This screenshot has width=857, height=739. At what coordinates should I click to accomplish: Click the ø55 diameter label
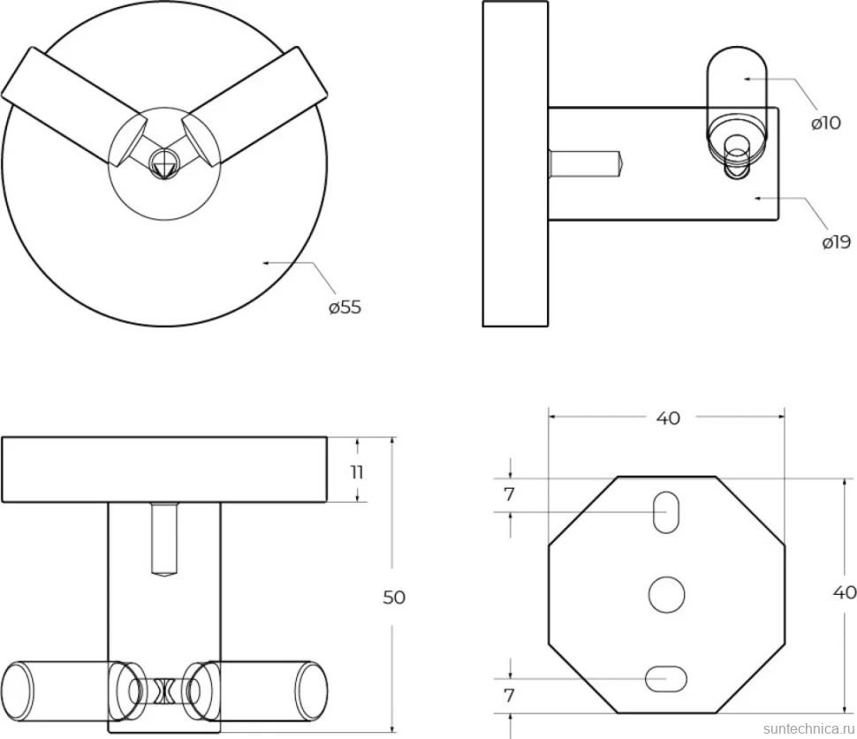pyautogui.click(x=345, y=307)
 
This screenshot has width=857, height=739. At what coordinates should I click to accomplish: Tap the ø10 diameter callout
pyautogui.click(x=826, y=123)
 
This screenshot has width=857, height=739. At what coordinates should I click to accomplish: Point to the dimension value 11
pyautogui.click(x=357, y=471)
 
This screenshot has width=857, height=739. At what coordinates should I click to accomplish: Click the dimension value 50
pyautogui.click(x=394, y=598)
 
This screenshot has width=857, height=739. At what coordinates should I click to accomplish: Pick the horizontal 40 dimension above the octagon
pyautogui.click(x=668, y=418)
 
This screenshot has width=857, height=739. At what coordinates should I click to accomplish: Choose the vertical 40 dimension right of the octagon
pyautogui.click(x=845, y=592)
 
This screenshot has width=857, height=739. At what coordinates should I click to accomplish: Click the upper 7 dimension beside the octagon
pyautogui.click(x=510, y=494)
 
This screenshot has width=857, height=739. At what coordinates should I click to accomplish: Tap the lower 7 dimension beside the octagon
pyautogui.click(x=510, y=696)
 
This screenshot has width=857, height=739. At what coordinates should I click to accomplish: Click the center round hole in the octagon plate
pyautogui.click(x=667, y=595)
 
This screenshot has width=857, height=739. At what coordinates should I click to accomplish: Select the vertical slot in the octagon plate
pyautogui.click(x=666, y=512)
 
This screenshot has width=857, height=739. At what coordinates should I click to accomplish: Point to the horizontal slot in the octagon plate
pyautogui.click(x=666, y=678)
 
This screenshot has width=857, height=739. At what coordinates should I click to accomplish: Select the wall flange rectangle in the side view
pyautogui.click(x=515, y=164)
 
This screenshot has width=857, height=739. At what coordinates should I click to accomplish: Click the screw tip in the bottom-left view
pyautogui.click(x=164, y=573)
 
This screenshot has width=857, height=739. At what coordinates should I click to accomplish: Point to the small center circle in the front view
pyautogui.click(x=164, y=163)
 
